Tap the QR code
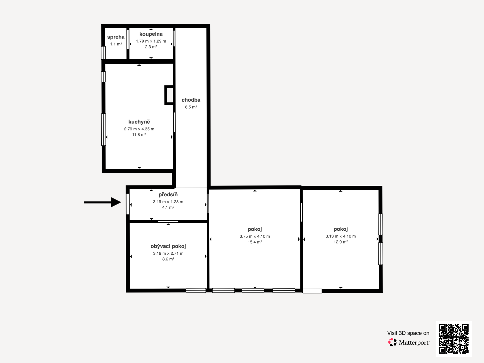[x=453, y=338]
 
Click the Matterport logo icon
[x=392, y=342]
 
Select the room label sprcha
[x=116, y=37]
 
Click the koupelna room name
[x=151, y=34]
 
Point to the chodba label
[x=191, y=100]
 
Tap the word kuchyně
[x=139, y=122]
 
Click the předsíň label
[x=168, y=195]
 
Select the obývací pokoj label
[x=168, y=246]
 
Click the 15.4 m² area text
[x=255, y=242]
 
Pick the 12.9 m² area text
[x=341, y=242]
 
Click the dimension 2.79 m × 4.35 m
[x=139, y=129]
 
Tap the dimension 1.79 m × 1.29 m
[x=151, y=41]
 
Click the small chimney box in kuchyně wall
[x=169, y=95]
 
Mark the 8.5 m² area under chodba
[x=191, y=107]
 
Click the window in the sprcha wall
[x=103, y=53]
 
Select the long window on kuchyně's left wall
[x=103, y=129]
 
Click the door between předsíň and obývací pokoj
[x=168, y=222]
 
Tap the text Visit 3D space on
[x=408, y=333]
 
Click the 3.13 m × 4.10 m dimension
[x=341, y=236]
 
